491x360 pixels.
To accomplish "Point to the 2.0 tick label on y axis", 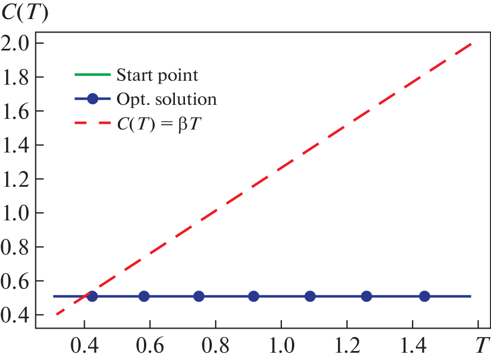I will pos(17,43).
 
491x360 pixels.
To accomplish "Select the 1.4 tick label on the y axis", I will pos(17,145).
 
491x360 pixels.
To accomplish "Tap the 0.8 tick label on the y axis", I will pos(17,247).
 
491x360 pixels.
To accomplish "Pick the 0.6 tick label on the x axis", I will pos(150,343).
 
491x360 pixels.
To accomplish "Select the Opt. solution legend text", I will pos(166,99).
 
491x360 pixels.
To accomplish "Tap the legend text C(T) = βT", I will pos(159,124).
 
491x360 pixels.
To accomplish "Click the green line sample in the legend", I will pos(92,75).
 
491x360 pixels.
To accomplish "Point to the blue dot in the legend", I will pos(93,99).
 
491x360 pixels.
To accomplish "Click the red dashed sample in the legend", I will pos(92,124).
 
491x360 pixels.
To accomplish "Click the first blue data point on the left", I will pos(92,296).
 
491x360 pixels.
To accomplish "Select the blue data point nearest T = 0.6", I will pos(144,296).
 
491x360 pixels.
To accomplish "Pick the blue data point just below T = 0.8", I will pos(198,296).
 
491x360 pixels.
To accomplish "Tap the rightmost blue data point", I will pos(424,296).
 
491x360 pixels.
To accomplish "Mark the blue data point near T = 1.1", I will pos(310,296).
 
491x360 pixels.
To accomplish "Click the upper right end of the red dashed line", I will pos(470,44).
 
